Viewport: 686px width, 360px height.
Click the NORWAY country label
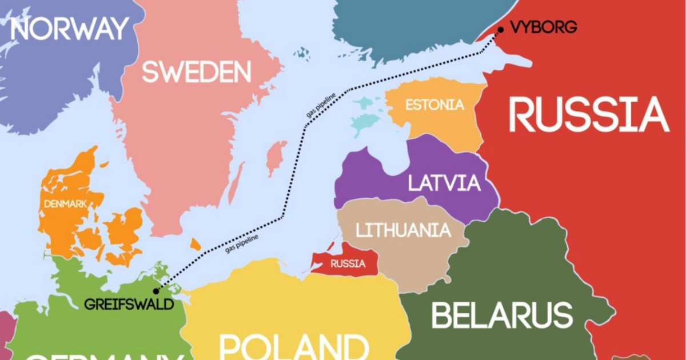tap(69, 29)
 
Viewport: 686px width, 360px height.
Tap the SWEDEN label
tap(196, 73)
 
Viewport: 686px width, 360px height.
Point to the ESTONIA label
tap(434, 105)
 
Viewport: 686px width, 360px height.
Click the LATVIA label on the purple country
tap(444, 183)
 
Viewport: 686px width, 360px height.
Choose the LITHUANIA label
tap(403, 230)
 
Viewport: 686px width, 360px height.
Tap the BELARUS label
tap(502, 315)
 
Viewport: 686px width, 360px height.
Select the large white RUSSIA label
tap(588, 115)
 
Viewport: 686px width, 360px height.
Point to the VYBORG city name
tap(543, 27)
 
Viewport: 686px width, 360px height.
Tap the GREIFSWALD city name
tap(129, 304)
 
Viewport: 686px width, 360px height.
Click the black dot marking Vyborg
tap(500, 30)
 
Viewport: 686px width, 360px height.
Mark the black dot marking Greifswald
tap(156, 291)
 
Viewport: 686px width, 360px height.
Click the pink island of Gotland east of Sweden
tap(277, 158)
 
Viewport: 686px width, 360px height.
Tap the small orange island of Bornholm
tap(196, 244)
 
